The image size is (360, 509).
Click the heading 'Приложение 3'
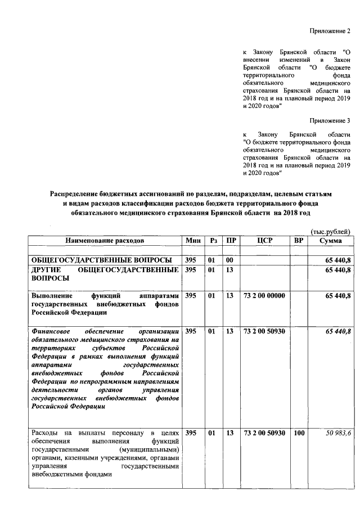331,120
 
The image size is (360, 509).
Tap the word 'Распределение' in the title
77,194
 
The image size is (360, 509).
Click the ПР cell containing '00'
229,260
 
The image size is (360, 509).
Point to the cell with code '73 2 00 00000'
264,296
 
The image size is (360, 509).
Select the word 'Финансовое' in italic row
51,331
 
